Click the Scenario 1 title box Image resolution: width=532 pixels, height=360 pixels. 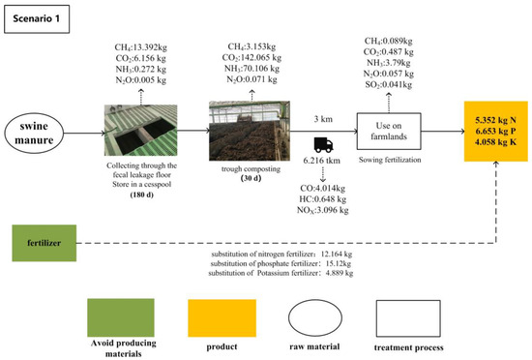(x=39, y=19)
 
